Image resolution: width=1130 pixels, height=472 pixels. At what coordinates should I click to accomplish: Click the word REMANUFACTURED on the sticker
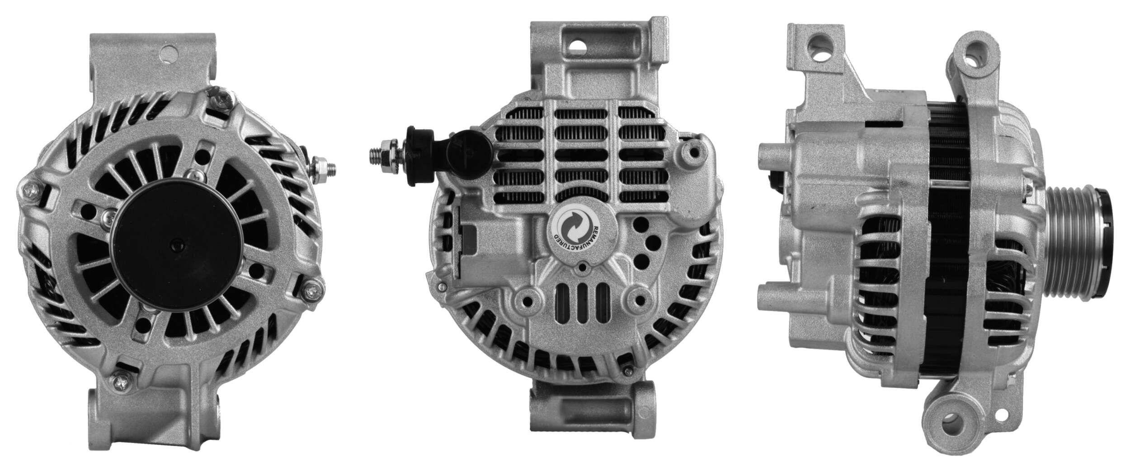tap(596, 239)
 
